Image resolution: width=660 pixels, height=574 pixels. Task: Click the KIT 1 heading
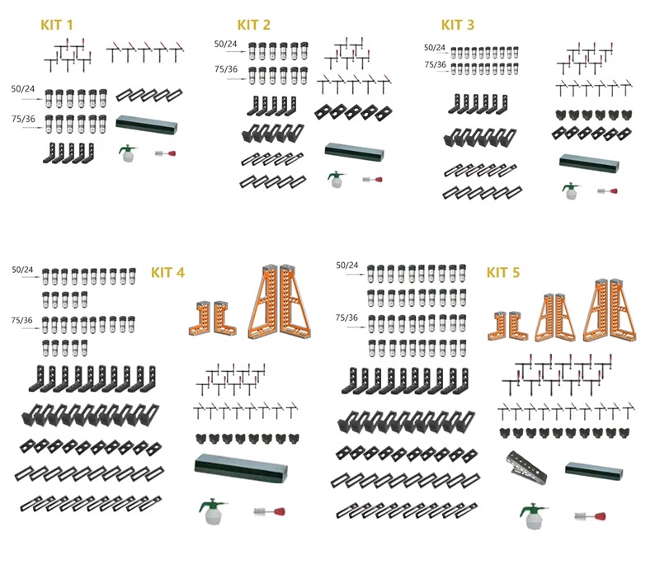point(57,25)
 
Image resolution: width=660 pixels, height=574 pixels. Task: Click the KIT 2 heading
point(254,25)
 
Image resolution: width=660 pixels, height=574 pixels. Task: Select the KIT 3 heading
point(458,25)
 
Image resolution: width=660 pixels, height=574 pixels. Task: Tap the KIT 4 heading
point(168,272)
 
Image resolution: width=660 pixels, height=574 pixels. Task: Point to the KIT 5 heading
point(503,272)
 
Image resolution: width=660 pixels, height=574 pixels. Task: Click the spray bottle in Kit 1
point(126,153)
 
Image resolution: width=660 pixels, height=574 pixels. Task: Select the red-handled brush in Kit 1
point(166,153)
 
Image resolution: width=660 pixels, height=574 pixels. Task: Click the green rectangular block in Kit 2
point(355,152)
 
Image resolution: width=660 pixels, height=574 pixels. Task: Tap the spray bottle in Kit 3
point(570,191)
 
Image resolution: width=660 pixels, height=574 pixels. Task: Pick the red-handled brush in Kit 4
point(270,511)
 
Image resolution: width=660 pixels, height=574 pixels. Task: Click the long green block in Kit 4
point(241,468)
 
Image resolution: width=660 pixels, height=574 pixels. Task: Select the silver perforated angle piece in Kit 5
point(526,467)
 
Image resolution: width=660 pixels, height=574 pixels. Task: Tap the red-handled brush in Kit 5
point(591,516)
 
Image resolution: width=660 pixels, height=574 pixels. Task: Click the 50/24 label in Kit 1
point(23,89)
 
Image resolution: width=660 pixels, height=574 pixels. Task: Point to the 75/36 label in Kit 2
point(226,69)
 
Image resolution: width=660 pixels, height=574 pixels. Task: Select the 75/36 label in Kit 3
point(436,64)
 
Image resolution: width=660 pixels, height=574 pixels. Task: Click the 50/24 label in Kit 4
point(22,270)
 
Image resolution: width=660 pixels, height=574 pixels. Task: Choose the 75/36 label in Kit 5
point(346,318)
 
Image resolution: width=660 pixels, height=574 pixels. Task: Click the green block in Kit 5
point(594,471)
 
